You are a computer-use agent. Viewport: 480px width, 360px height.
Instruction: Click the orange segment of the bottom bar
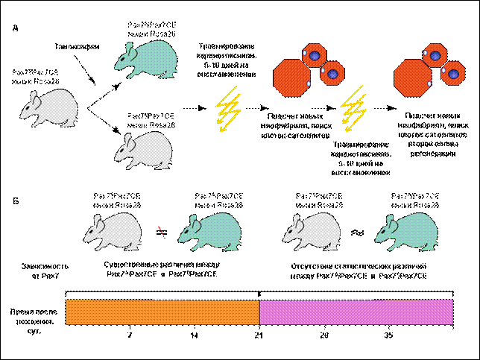click(x=162, y=312)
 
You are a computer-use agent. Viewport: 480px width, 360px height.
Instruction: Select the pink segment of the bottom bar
click(x=356, y=312)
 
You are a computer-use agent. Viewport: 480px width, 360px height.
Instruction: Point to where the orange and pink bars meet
click(x=259, y=312)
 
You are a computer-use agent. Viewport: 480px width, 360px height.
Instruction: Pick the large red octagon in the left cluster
click(x=291, y=78)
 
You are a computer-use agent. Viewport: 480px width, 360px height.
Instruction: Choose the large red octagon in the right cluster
click(x=412, y=78)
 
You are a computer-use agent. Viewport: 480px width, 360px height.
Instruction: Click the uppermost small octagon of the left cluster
click(x=315, y=55)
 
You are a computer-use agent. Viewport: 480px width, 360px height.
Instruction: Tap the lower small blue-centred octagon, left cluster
click(x=332, y=73)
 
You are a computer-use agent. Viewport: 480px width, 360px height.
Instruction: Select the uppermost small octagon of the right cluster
click(x=435, y=55)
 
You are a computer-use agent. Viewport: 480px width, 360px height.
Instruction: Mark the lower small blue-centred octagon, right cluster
click(x=453, y=73)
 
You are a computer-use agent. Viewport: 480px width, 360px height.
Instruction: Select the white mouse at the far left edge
click(x=51, y=107)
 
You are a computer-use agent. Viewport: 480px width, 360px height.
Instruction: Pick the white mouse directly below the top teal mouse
click(x=145, y=150)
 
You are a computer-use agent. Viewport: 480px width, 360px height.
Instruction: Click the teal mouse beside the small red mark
click(x=212, y=231)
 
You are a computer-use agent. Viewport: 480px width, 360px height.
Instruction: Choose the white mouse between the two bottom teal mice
click(x=314, y=231)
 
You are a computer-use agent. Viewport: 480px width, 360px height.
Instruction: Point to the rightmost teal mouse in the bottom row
click(x=408, y=231)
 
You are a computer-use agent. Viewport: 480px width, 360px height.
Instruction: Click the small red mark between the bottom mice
click(x=161, y=232)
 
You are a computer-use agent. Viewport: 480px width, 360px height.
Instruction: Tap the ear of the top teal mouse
click(x=130, y=50)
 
